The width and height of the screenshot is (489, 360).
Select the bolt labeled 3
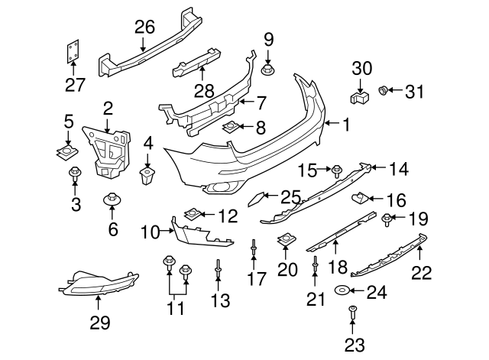click(75, 174)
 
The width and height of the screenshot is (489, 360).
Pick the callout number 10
click(149, 229)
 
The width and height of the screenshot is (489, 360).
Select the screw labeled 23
click(352, 311)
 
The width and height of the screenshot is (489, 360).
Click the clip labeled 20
click(287, 240)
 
